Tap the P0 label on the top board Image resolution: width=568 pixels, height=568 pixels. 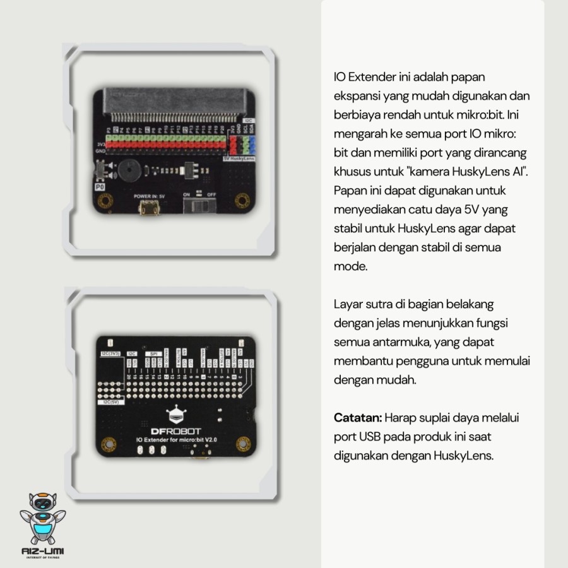[100, 187]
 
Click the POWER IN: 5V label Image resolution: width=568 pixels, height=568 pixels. [149, 196]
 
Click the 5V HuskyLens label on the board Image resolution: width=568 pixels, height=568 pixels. [239, 158]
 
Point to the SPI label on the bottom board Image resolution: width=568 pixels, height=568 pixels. [153, 354]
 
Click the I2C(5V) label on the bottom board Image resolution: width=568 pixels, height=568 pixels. [110, 401]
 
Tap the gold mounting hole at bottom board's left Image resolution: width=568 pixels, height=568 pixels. [108, 443]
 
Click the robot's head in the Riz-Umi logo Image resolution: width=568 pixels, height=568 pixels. [42, 504]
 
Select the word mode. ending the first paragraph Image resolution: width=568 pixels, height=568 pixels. [350, 266]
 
